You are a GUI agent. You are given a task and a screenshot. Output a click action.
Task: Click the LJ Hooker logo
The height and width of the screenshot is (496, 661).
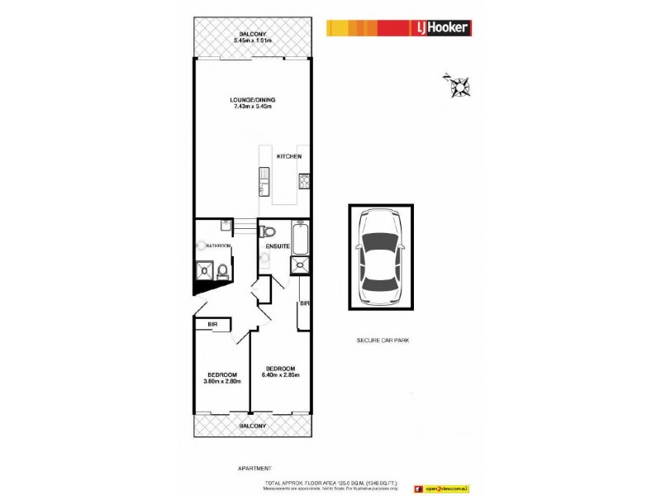point(398,28)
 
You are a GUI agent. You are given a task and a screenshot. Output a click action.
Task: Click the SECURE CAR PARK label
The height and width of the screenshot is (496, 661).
point(383,340)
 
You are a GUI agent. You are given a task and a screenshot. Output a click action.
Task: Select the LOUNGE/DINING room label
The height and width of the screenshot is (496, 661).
point(253,100)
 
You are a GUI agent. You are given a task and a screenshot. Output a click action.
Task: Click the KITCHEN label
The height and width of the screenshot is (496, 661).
point(288,156)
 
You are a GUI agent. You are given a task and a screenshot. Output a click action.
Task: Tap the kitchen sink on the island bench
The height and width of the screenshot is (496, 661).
point(264,179)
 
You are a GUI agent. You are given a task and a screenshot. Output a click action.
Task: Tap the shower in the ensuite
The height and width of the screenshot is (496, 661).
point(297,265)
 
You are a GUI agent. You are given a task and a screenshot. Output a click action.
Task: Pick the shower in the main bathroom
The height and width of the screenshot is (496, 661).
point(202,269)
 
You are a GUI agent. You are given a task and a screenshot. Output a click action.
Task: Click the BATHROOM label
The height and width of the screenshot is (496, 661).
point(218,246)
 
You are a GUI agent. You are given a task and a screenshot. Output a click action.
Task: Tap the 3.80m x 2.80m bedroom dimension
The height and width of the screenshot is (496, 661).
point(221,381)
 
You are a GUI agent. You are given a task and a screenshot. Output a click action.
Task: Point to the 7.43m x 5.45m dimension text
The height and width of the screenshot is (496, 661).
point(253,107)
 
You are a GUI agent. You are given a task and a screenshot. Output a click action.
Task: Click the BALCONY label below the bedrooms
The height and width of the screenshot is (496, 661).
point(253,426)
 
